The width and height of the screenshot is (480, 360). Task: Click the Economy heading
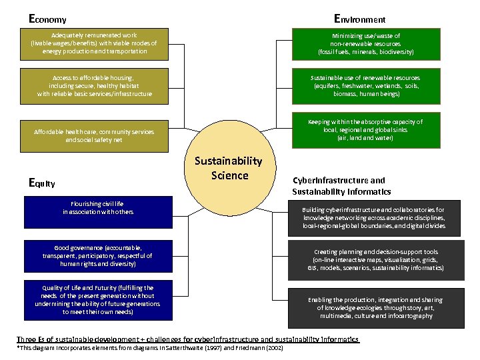click(x=47, y=19)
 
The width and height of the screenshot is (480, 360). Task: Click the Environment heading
click(x=359, y=19)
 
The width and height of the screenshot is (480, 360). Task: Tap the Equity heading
click(x=42, y=183)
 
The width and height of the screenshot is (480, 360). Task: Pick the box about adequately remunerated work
click(x=93, y=43)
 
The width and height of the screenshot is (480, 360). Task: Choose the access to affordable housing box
click(x=93, y=86)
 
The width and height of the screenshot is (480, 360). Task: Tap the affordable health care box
click(x=94, y=135)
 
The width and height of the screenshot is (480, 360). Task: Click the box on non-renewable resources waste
click(x=365, y=43)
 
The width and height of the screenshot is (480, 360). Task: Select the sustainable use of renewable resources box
click(x=365, y=86)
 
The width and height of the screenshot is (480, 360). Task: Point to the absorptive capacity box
click(x=365, y=130)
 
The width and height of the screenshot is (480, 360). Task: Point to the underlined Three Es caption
click(x=188, y=339)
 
